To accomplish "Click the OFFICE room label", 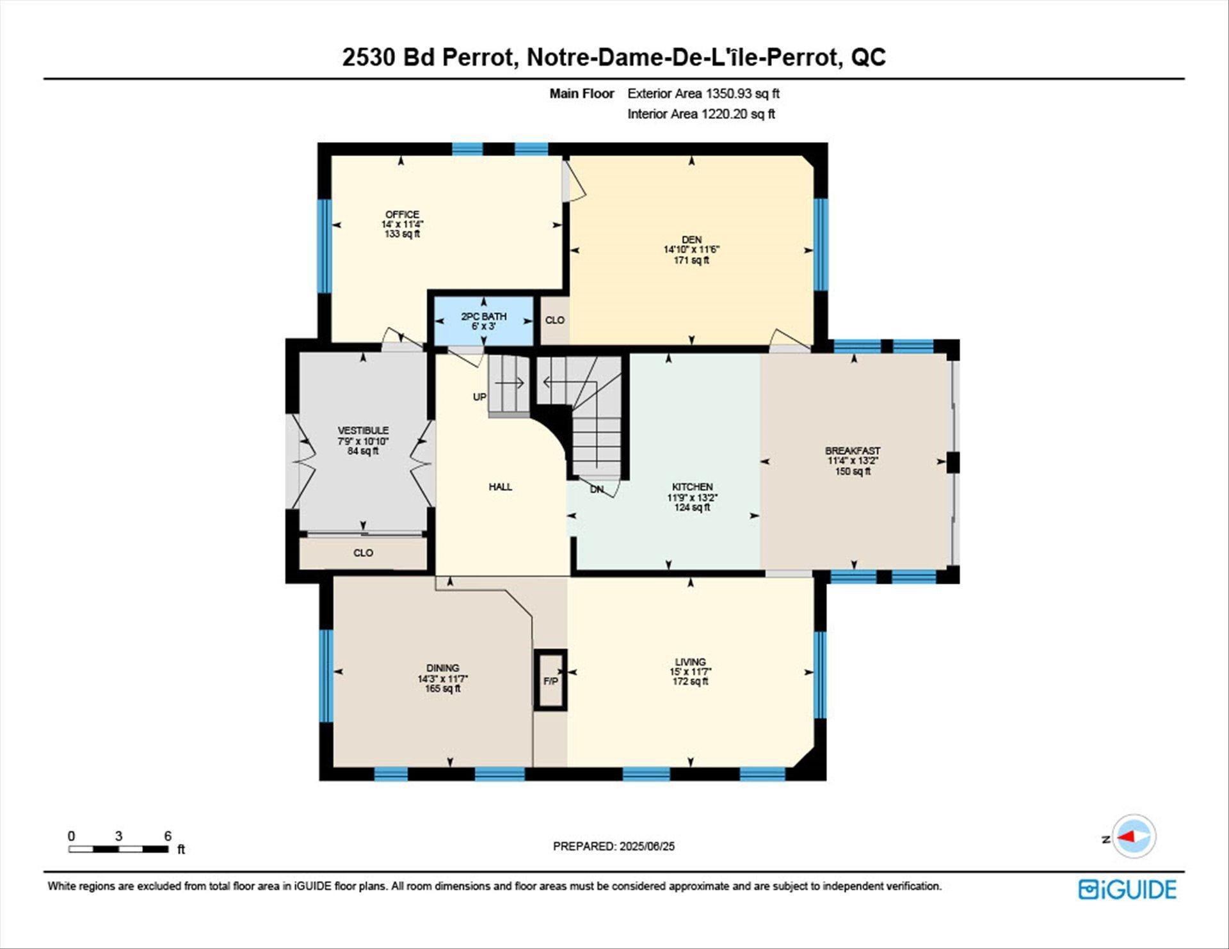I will [402, 214].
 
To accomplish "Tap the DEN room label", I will [691, 239].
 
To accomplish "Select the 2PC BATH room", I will [484, 321].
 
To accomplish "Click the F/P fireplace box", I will [550, 681].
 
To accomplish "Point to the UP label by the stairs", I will [479, 397].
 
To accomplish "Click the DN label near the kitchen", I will [597, 490].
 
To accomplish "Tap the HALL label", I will [500, 487].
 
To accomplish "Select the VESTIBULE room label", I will [363, 431].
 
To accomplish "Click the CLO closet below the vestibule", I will [363, 553].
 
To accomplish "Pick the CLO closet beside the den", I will [554, 320].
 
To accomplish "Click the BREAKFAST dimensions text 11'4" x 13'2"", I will [853, 461].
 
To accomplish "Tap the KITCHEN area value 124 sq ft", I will [692, 507].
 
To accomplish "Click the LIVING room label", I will [690, 662].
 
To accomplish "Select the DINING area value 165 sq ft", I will [442, 689].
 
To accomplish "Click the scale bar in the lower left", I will [119, 849].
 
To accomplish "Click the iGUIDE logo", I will [1127, 889].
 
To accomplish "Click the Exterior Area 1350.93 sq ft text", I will [703, 93].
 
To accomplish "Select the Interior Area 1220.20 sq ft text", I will [701, 114].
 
